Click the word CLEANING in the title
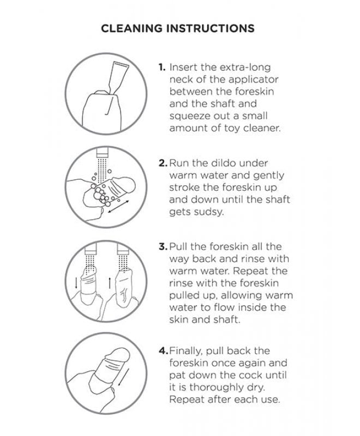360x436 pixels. tap(131, 28)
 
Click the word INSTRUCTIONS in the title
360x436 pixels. tap(211, 28)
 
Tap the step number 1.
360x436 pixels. tap(161, 67)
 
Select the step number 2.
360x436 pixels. tap(163, 163)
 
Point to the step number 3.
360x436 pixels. tap(163, 247)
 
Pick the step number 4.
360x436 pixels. tap(163, 350)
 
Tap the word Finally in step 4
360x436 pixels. tap(186, 351)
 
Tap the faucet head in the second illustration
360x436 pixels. tap(102, 154)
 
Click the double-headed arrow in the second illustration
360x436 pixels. tap(118, 207)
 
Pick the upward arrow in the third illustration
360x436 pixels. tap(110, 283)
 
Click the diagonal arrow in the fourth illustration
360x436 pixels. tap(123, 377)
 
